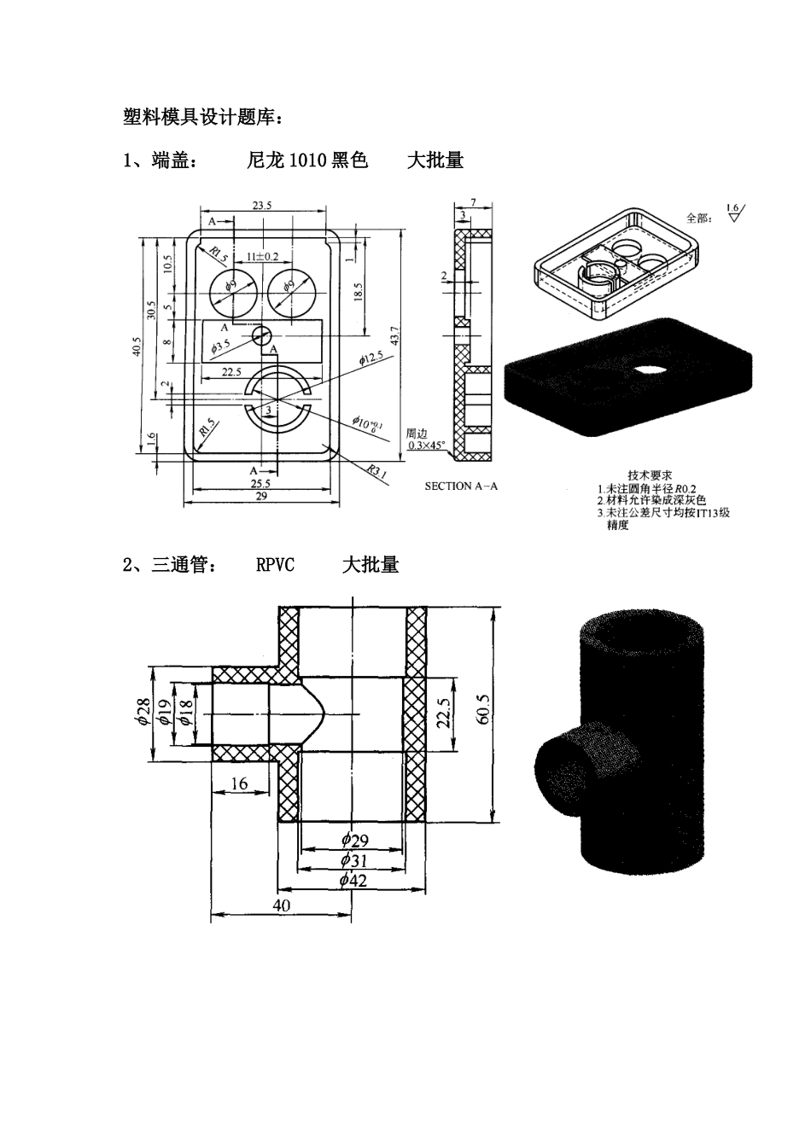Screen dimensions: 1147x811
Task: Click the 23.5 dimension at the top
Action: tap(262, 206)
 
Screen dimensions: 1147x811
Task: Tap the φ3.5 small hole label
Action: tap(220, 346)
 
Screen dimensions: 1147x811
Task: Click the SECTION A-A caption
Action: tap(461, 486)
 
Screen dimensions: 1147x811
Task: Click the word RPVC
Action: tap(275, 565)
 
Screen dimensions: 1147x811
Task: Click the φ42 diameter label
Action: tap(352, 880)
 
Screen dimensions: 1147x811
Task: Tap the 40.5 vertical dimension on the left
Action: tap(137, 351)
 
